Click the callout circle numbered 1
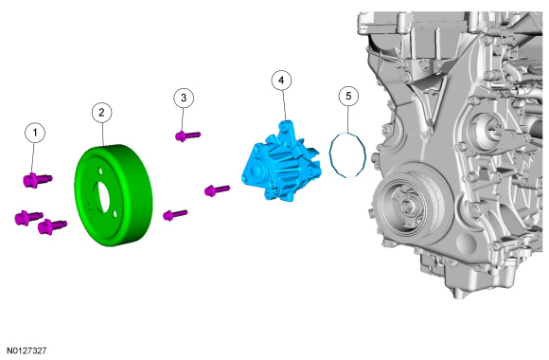(35, 133)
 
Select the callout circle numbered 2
(101, 112)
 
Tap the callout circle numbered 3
(184, 98)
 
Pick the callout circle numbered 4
(281, 81)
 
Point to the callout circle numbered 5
(348, 96)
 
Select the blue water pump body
(281, 163)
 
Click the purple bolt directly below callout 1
(38, 180)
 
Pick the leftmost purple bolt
(28, 218)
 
